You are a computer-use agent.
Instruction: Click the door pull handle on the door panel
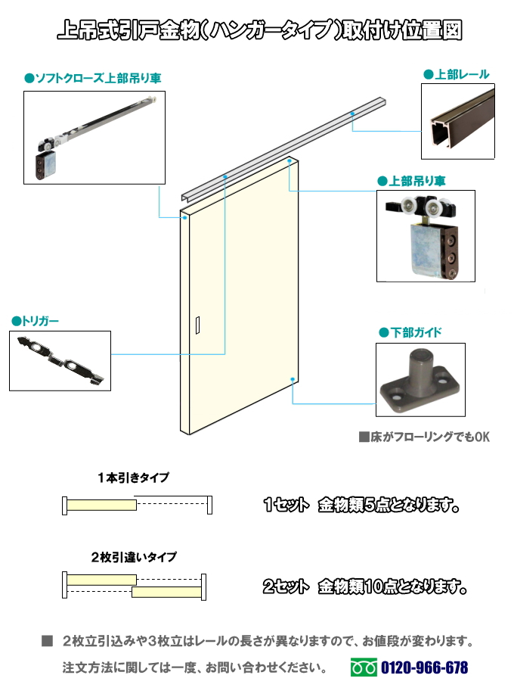(x=197, y=325)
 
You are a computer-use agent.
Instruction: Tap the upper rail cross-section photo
(x=458, y=121)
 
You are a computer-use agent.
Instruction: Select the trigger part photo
(x=60, y=361)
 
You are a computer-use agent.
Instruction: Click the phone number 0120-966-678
(x=424, y=667)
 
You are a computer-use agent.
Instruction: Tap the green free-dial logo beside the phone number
(x=364, y=667)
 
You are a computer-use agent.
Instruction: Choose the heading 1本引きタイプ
(x=133, y=478)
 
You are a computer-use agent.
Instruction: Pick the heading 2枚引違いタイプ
(x=134, y=557)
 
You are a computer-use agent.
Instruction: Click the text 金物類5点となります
(x=389, y=505)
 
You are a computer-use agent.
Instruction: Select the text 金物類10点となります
(x=392, y=587)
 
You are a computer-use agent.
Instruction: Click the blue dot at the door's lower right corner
(x=293, y=379)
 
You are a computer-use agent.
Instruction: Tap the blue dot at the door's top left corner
(x=184, y=217)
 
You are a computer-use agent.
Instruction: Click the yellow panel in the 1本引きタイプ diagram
(x=101, y=505)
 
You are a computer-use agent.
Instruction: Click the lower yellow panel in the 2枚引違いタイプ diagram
(x=167, y=592)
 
